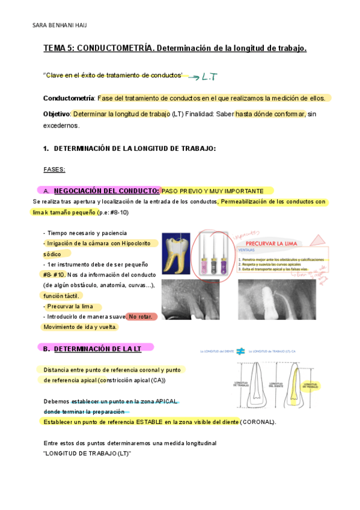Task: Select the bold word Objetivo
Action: click(56, 114)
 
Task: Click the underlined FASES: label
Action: click(55, 170)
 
